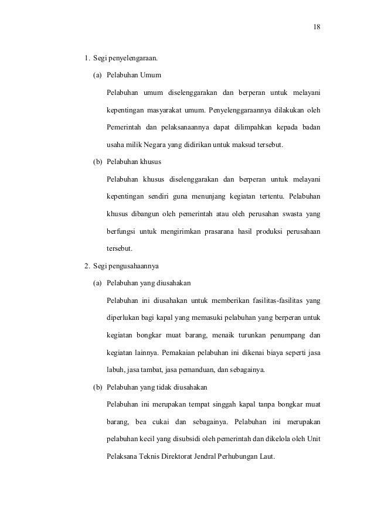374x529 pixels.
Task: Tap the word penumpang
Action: click(284, 335)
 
